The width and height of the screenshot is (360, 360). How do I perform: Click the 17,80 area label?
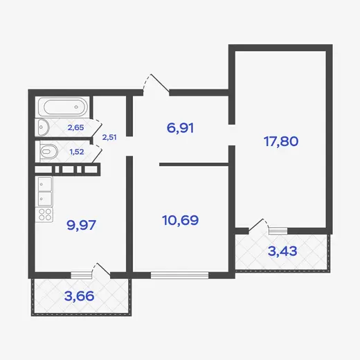pos(281,141)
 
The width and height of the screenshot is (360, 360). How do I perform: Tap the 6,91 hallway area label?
pos(180,128)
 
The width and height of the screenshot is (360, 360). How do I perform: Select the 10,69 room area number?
pos(181,220)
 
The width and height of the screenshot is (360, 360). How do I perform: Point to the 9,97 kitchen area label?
pos(81,225)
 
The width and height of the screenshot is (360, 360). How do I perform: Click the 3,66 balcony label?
pos(79,296)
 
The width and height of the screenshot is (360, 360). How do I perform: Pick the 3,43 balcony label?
pos(282,251)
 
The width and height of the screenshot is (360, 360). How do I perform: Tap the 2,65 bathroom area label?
pos(75,127)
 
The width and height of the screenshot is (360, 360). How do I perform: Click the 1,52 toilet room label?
pos(77,152)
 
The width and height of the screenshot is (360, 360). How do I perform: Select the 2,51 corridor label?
pos(109,138)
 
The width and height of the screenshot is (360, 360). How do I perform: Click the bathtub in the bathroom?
pos(63,107)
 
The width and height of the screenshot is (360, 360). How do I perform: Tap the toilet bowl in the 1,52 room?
pos(48,152)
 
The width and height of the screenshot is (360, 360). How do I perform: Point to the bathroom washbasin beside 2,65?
pos(42,127)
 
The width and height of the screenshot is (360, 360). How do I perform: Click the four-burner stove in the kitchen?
pos(45,215)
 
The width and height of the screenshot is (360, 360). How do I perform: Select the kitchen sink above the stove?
pos(45,192)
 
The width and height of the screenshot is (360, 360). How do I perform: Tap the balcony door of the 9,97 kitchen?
pos(101,269)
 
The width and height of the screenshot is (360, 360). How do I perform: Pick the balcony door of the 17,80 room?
pos(258,226)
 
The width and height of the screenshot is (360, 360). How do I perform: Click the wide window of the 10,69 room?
pos(179,275)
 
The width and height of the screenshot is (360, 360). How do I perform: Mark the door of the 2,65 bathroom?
pos(96,128)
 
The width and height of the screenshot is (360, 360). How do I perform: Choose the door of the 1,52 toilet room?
pos(97,154)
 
